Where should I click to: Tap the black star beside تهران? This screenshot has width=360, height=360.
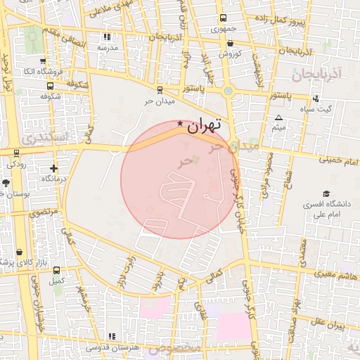[x=180, y=124]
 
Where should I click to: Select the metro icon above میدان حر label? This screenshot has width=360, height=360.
[x=160, y=89]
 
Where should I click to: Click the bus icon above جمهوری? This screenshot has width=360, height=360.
[x=223, y=18]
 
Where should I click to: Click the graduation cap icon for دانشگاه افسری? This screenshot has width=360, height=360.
[x=326, y=194]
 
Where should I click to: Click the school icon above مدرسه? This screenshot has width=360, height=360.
[x=107, y=37]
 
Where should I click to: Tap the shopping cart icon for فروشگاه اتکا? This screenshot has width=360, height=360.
[x=44, y=61]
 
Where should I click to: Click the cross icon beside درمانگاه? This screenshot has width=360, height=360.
[x=53, y=169]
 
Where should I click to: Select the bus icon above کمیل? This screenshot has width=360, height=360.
[x=56, y=269]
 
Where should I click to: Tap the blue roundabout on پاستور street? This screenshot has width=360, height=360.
[x=228, y=91]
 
